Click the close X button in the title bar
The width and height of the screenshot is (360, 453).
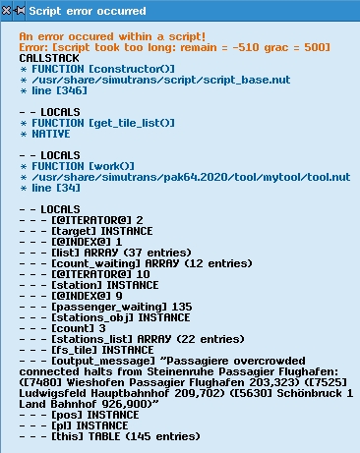[6, 11]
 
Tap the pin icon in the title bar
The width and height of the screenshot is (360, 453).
[19, 11]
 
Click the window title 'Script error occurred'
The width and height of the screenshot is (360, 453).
[88, 11]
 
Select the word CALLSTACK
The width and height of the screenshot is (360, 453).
[49, 58]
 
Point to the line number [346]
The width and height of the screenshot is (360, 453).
[72, 90]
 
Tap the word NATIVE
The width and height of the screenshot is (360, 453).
[51, 134]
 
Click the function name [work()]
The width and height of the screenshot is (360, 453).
[111, 166]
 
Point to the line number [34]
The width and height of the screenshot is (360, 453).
[68, 188]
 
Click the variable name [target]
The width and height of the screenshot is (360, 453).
[74, 231]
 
